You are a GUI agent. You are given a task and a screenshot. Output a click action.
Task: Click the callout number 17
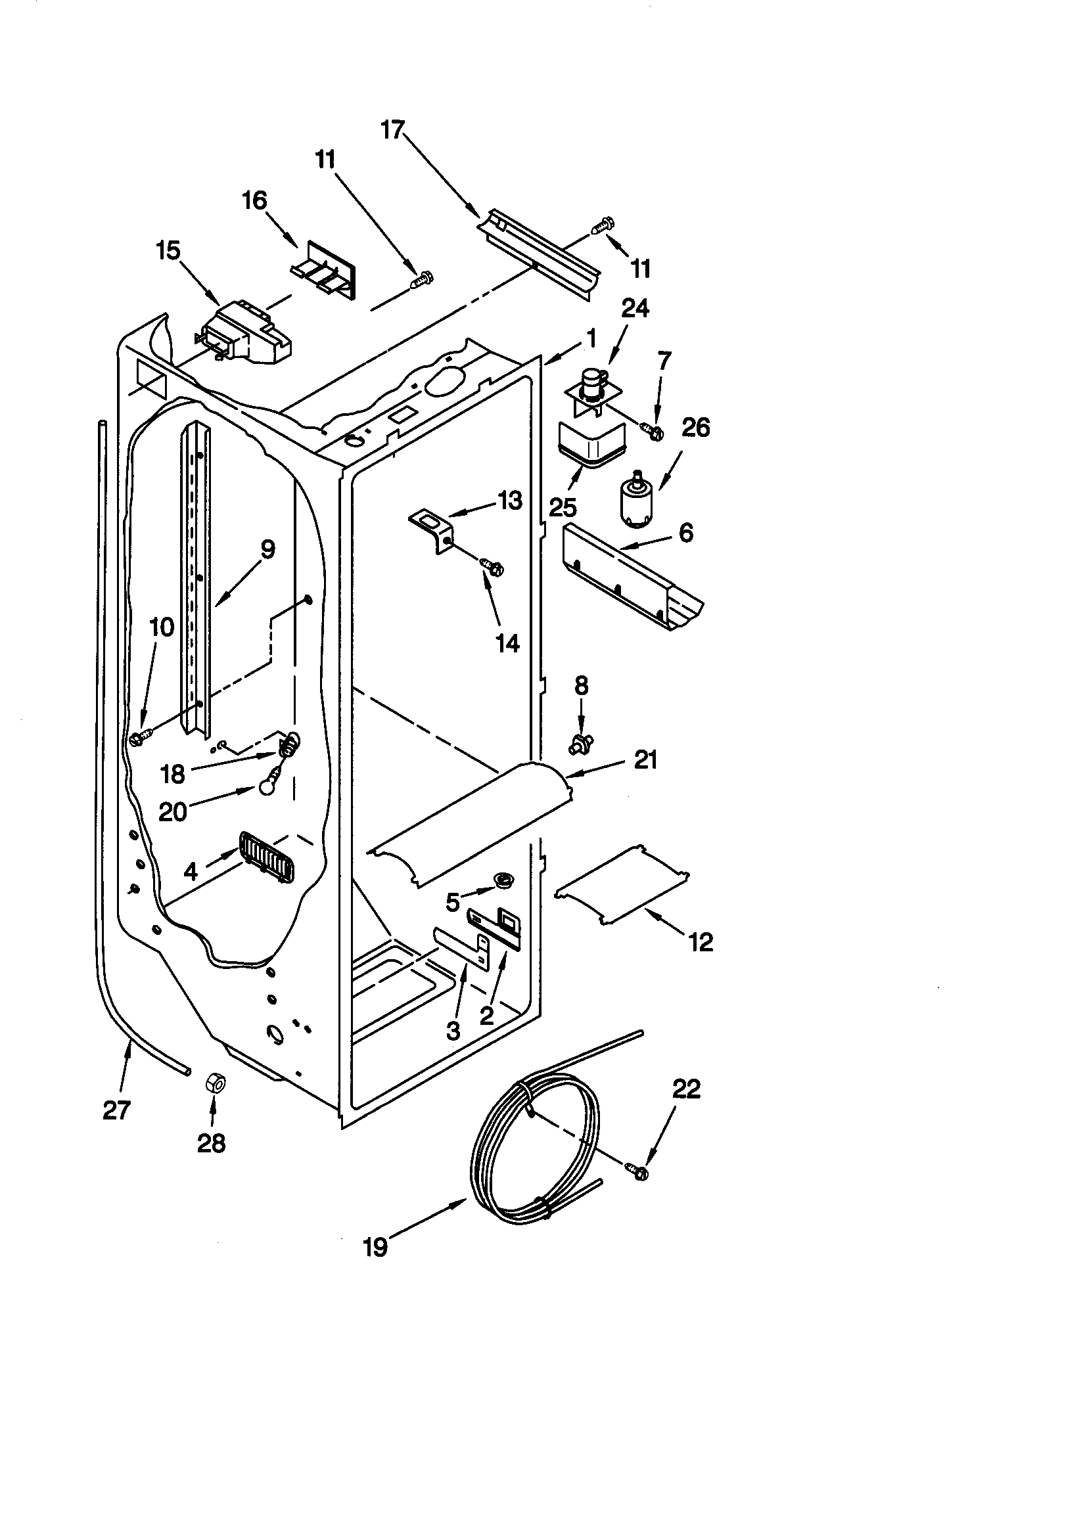click(x=394, y=130)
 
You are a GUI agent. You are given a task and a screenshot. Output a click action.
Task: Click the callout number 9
click(x=266, y=550)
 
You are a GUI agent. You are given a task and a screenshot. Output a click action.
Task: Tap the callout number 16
click(x=254, y=200)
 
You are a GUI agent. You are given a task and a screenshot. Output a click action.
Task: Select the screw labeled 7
click(x=651, y=430)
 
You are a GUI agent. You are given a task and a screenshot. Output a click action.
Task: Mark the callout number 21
click(x=645, y=760)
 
